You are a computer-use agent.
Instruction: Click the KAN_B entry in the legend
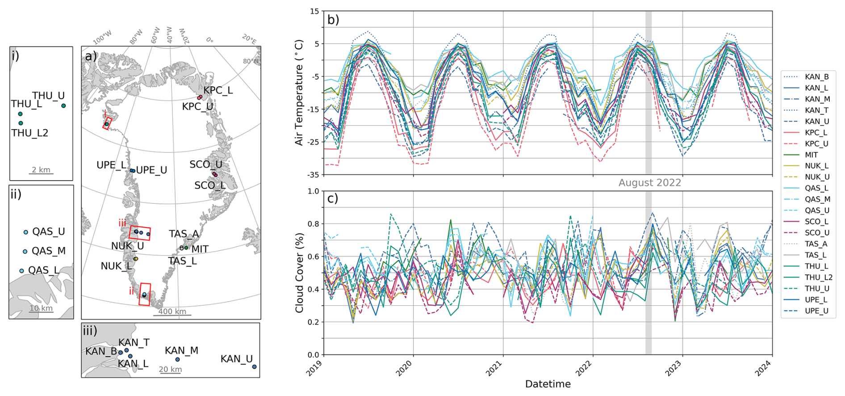coord(816,77)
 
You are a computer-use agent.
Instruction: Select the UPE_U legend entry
coord(816,311)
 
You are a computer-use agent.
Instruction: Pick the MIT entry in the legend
coord(811,155)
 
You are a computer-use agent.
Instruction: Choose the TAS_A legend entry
coord(816,244)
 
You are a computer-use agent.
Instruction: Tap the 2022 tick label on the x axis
coord(584,369)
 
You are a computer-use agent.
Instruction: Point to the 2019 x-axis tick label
coord(315,369)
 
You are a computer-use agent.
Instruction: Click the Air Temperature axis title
coord(299,93)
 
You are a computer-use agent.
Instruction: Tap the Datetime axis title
coord(548,384)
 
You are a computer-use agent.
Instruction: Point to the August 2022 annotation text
coord(649,183)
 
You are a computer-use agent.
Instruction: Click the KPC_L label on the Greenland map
coord(218,90)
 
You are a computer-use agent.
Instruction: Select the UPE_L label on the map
coord(111,165)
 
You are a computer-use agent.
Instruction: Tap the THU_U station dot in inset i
coord(63,106)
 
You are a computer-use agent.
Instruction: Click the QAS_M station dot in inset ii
coord(25,252)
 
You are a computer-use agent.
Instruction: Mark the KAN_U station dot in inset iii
coord(254,367)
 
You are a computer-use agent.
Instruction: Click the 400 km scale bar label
coord(172,312)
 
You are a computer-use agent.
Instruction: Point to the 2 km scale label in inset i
coord(41,170)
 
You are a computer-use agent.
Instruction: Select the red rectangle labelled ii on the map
coord(145,294)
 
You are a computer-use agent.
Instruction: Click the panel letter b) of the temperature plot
coord(333,20)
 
